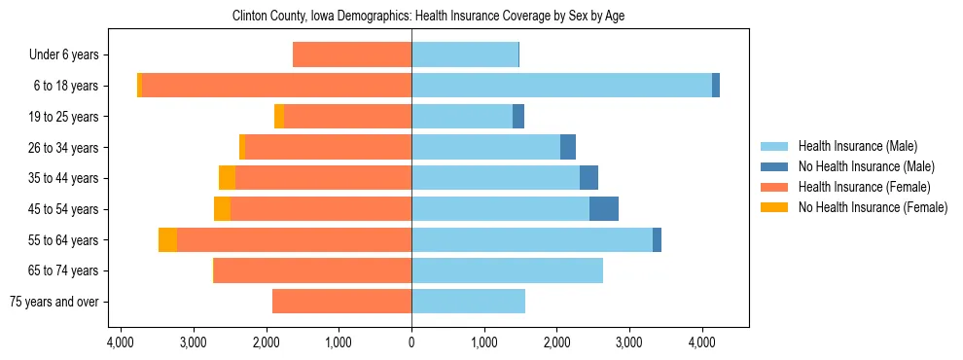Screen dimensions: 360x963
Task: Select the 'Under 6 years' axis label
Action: [x=70, y=55]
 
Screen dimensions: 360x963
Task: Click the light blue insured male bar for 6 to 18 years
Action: [x=561, y=86]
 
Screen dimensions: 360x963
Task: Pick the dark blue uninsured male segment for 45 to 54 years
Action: [x=604, y=209]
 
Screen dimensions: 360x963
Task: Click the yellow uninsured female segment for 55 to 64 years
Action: [x=167, y=240]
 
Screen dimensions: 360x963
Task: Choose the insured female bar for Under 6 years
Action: [x=352, y=55]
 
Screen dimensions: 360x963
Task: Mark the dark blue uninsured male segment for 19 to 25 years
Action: [x=518, y=117]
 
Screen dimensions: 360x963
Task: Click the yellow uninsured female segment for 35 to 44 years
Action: [x=227, y=178]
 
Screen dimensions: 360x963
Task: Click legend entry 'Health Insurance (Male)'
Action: [x=857, y=146]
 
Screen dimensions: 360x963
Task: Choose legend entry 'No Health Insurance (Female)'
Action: [x=873, y=207]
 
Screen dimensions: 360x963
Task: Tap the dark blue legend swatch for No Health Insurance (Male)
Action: [x=775, y=166]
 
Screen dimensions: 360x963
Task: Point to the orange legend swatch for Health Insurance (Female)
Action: [x=775, y=187]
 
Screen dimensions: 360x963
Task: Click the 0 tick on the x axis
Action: [x=411, y=343]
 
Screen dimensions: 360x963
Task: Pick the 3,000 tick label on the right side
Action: [x=629, y=343]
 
